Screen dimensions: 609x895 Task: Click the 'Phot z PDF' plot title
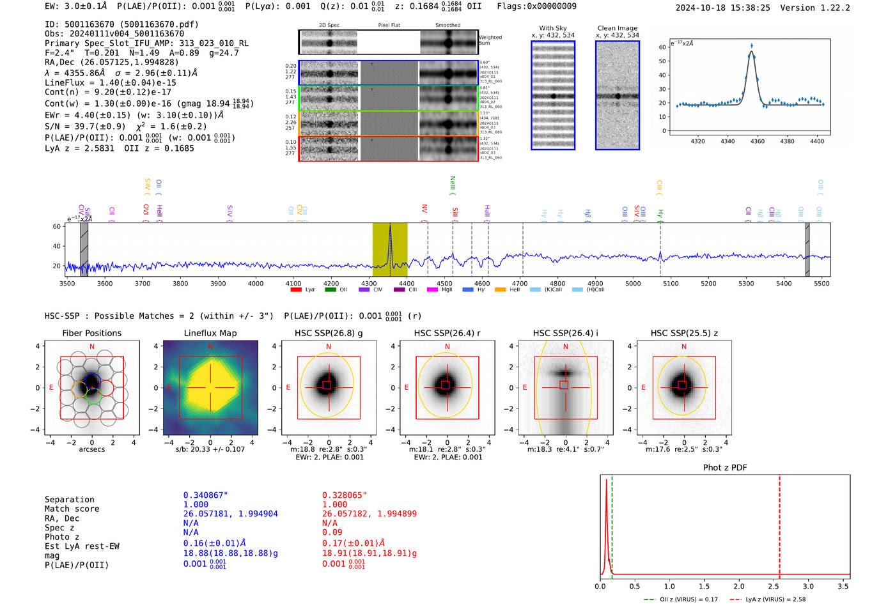point(724,467)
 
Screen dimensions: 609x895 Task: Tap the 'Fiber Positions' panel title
point(91,333)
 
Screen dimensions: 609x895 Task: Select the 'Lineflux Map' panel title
point(210,333)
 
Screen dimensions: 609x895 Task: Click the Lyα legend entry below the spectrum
point(303,289)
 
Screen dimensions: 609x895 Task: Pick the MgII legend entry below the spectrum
point(440,289)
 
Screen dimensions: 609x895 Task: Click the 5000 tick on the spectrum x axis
point(632,283)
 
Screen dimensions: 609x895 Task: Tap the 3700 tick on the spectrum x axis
point(142,283)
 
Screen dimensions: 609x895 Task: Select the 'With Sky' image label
point(552,28)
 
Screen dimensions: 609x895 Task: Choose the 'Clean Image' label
point(617,28)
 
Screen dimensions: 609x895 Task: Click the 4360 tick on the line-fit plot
point(757,141)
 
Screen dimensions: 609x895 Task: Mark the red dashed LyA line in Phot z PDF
point(779,524)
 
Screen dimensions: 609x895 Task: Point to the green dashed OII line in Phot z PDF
point(612,524)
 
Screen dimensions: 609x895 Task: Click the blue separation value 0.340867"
point(205,495)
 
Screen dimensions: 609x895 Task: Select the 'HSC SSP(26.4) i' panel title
point(565,333)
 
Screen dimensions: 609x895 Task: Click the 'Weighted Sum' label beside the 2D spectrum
point(490,40)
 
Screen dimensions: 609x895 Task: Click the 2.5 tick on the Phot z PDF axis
point(774,586)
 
